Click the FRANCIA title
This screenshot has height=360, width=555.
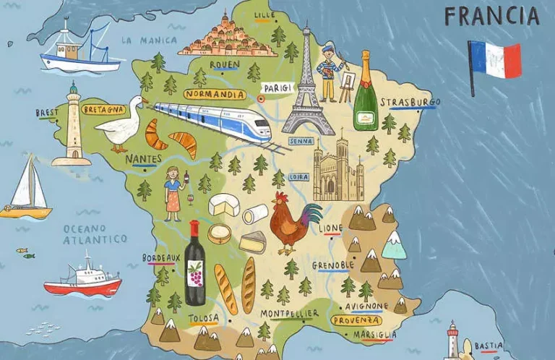[x=491, y=16]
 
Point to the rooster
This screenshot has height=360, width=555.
[x=293, y=220]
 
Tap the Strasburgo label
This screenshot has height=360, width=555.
[x=410, y=102]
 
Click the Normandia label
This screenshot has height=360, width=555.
[x=215, y=94]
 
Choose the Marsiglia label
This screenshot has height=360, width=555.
[x=374, y=335]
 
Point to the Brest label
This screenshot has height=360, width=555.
[x=46, y=113]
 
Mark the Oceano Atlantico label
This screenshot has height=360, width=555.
[x=95, y=233]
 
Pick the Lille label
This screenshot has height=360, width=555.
[x=265, y=14]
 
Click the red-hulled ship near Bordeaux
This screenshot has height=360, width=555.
[x=82, y=278]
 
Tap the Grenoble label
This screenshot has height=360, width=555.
[x=333, y=265]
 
